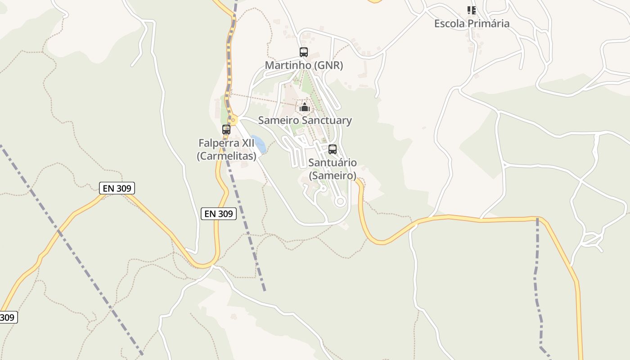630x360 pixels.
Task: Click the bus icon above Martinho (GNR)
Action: [x=304, y=52]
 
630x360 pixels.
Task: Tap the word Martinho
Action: [x=288, y=65]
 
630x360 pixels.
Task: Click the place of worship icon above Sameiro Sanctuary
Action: [x=305, y=108]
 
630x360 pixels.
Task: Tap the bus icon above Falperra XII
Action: [x=226, y=130]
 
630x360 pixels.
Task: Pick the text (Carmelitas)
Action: [x=226, y=156]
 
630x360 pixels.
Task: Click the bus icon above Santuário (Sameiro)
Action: [x=333, y=149]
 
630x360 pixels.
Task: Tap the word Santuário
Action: [x=333, y=162]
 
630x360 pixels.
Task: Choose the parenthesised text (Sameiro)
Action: [x=333, y=175]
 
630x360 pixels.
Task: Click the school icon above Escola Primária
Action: [x=471, y=10]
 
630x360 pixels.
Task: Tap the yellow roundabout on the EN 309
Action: [x=233, y=120]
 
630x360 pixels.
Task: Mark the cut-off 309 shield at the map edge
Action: [x=8, y=317]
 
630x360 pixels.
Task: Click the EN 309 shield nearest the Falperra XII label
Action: [x=218, y=214]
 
